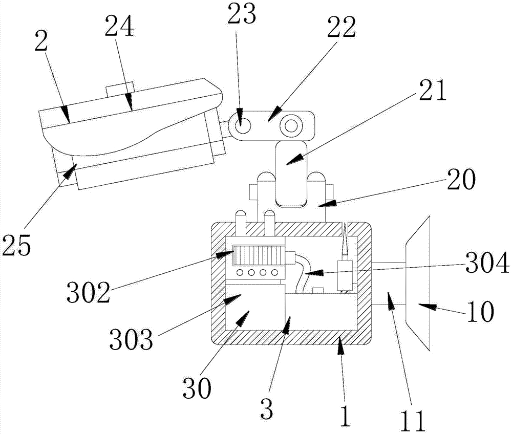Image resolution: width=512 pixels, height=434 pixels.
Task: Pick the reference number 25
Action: [16, 245]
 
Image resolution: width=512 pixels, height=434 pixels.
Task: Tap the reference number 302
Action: [88, 292]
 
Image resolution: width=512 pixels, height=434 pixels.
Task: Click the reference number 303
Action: [131, 339]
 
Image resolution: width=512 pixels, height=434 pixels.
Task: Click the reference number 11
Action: [413, 421]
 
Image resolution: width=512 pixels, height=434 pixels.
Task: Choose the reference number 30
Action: [197, 388]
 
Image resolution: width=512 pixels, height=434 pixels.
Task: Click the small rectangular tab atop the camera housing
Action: [120, 89]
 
